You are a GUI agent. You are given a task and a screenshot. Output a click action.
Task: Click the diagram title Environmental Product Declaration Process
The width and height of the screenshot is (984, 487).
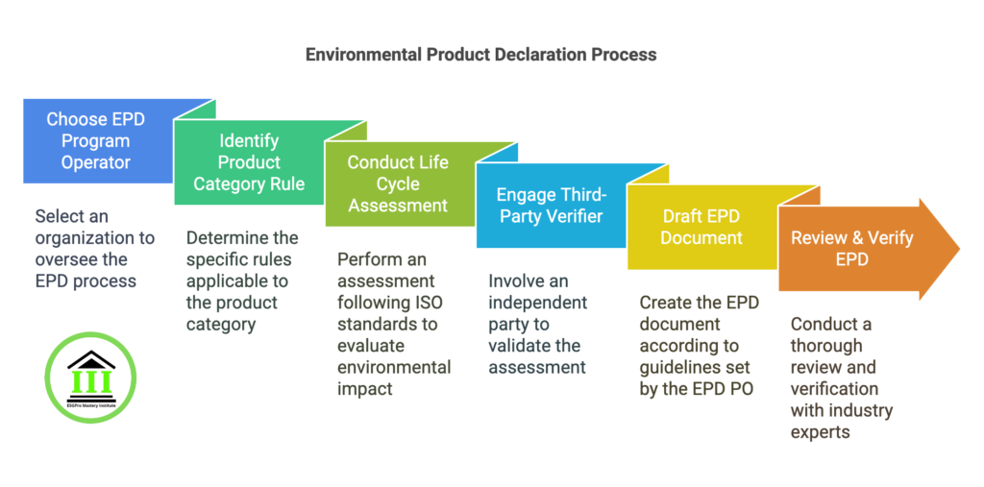480,55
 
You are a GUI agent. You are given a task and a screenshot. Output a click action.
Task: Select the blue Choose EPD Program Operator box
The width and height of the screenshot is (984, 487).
96,140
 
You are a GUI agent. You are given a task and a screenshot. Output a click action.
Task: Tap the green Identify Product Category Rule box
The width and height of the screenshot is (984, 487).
248,162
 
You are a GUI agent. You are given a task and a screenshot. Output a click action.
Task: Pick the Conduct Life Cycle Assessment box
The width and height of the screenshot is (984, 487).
398,183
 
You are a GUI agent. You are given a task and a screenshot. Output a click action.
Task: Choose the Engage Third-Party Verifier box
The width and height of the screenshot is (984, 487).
550,206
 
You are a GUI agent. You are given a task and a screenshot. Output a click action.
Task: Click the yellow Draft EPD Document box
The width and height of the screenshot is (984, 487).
701,227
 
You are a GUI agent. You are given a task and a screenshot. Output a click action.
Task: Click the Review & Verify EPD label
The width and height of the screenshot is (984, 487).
852,248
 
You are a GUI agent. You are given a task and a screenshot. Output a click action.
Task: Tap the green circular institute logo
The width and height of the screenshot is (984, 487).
89,377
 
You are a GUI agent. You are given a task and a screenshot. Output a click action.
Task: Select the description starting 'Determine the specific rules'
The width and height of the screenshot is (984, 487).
241,280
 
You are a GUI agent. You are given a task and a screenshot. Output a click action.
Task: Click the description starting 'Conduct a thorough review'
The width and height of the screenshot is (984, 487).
841,377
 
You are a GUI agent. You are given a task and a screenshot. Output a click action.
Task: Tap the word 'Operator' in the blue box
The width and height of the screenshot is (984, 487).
96,162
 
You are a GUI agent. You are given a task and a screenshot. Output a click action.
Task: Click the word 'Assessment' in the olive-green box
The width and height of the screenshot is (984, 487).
398,205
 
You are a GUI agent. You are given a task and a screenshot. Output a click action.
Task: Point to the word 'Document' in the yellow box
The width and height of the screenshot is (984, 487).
701,237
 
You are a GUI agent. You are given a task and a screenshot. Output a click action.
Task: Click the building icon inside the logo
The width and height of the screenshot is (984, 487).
89,373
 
